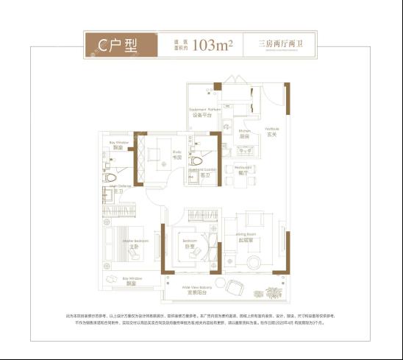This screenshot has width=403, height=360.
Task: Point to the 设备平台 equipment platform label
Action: pyautogui.click(x=202, y=115)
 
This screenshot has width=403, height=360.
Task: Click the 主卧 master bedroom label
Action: pyautogui.click(x=135, y=247)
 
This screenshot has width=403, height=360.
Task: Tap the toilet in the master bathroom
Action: pyautogui.click(x=110, y=177)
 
